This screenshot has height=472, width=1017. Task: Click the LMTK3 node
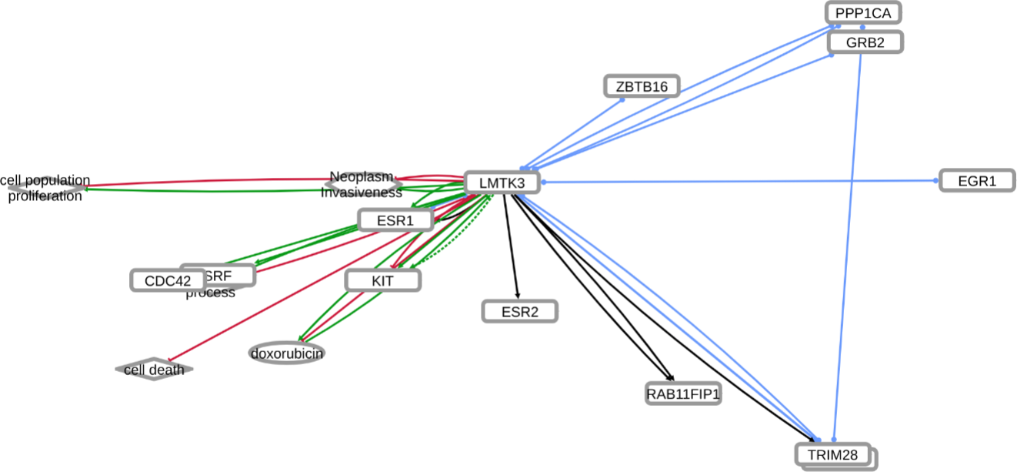[x=502, y=183]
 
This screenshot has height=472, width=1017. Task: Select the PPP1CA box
[x=863, y=13]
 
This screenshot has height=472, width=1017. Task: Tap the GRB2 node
[x=865, y=42]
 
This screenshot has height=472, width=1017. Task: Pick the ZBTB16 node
[x=642, y=86]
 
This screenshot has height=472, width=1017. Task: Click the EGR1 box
[x=977, y=181]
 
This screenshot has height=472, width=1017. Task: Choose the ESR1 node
[x=395, y=221]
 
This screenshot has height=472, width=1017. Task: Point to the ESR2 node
[x=519, y=312]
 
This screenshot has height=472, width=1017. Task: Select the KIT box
[x=382, y=280]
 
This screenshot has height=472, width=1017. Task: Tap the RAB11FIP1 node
[x=683, y=394]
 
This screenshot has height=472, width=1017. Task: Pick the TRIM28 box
[x=832, y=454]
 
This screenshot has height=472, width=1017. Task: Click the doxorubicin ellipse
[x=287, y=353]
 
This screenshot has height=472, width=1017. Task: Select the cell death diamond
[x=155, y=370]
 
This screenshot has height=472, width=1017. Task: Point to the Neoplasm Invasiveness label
[x=362, y=185]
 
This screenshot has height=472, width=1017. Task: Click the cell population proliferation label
[x=45, y=188]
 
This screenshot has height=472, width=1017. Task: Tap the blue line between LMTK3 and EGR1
[x=739, y=182]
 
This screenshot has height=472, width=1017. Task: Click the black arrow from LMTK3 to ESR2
[x=511, y=246]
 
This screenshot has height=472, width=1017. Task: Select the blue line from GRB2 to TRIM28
[x=848, y=246]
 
